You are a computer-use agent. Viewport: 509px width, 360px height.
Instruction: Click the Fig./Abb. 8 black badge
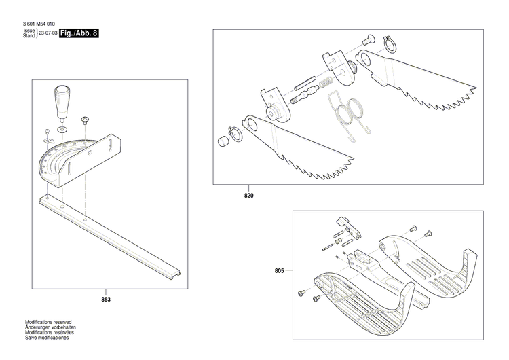click(79, 33)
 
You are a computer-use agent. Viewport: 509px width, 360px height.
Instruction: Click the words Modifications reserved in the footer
click(48, 322)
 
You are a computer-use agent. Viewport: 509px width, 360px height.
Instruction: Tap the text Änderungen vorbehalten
click(49, 327)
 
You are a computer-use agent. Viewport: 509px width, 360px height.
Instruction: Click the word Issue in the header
click(29, 31)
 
